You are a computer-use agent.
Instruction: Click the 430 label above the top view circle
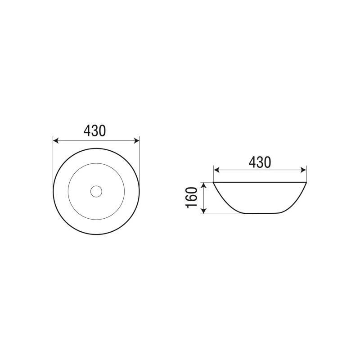tap(94, 130)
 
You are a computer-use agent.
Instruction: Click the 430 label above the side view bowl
tap(260, 162)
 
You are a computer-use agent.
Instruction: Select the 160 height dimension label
tap(192, 198)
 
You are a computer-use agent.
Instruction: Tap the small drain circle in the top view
tap(96, 191)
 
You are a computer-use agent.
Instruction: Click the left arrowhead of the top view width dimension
tap(56, 140)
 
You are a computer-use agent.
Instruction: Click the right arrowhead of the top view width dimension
tap(137, 140)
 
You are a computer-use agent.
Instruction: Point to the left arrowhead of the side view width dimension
tap(216, 170)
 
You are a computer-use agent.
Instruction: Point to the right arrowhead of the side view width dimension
tap(303, 170)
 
